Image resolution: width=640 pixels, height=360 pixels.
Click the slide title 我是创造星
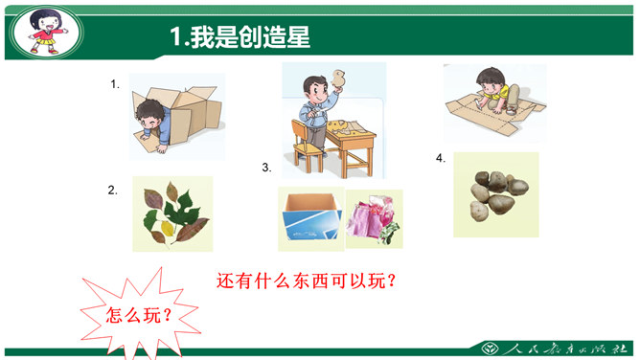pos(250,36)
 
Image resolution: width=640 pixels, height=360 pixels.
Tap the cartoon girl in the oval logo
pos(47,32)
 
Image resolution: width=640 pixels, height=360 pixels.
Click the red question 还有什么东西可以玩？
pos(307,281)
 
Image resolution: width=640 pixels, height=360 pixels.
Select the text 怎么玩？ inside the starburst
pos(139,315)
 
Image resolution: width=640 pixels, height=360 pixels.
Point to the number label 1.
pos(115,84)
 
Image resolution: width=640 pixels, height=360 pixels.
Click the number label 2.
pos(113,190)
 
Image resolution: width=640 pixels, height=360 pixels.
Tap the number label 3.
pos(266,168)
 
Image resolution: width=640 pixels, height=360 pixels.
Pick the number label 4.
pos(441,158)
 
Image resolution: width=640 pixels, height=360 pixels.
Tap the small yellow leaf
pos(168,228)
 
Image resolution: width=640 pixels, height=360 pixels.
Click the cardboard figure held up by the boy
pos(338,79)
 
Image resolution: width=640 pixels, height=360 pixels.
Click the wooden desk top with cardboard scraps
pos(351,132)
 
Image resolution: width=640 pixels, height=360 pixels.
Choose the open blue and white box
pos(311,217)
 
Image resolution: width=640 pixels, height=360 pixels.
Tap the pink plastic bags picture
pos(375,219)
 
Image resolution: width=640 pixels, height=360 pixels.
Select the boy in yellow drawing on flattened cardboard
pos(497,91)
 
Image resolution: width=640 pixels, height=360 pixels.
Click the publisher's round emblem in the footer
pos(490,349)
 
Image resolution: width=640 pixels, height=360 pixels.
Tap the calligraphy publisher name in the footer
pos(565,349)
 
